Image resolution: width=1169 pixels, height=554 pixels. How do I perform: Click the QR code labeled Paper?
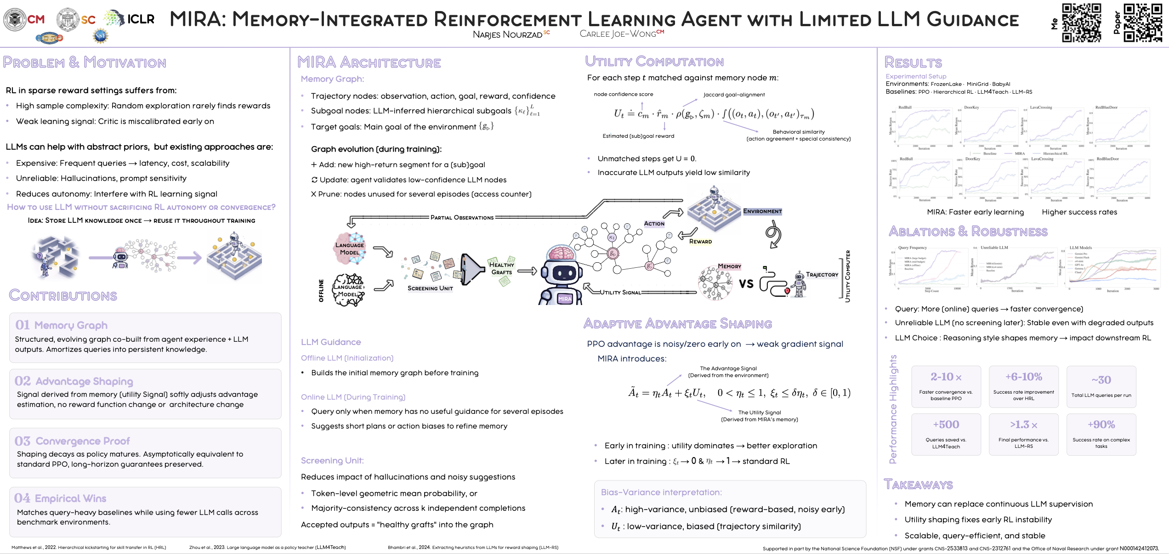[1142, 23]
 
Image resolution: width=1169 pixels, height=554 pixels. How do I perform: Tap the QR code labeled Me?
[1081, 23]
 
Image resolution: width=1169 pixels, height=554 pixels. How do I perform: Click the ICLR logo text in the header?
[141, 19]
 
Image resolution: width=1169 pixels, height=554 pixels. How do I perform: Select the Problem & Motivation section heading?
[85, 62]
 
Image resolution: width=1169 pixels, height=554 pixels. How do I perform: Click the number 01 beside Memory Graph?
[23, 325]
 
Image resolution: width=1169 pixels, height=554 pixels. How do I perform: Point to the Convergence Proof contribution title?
[83, 441]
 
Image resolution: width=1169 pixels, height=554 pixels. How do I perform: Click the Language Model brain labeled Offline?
[349, 289]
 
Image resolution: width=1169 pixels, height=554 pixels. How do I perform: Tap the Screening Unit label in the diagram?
[430, 288]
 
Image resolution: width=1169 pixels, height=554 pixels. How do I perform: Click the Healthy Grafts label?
[501, 268]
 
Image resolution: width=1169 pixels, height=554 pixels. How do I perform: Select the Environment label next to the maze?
[762, 211]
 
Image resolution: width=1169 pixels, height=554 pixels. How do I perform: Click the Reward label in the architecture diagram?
[700, 241]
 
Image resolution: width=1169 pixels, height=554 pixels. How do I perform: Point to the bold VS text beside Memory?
[746, 283]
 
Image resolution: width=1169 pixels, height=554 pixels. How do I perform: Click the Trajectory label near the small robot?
[822, 275]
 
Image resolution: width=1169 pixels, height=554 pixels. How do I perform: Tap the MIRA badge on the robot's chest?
[565, 299]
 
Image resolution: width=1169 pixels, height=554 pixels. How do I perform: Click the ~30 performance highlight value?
[1101, 380]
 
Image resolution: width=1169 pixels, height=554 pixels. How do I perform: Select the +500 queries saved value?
[946, 424]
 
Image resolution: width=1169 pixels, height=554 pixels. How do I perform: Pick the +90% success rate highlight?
[1101, 424]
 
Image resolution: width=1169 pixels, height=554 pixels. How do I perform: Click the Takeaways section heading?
[918, 485]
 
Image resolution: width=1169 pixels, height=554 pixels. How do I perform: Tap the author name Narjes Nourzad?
[507, 34]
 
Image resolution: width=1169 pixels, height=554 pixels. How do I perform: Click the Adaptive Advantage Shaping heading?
[677, 323]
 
